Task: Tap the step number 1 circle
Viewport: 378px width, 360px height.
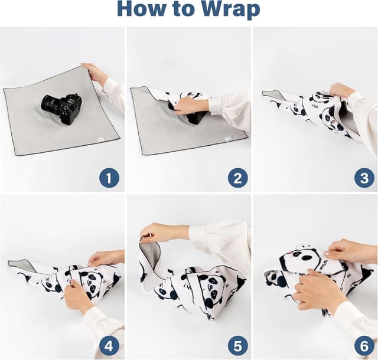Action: (x=109, y=176)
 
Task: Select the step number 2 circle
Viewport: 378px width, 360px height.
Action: (x=237, y=176)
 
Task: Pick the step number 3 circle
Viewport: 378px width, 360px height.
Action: (x=364, y=176)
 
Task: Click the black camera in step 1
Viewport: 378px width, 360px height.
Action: (x=61, y=107)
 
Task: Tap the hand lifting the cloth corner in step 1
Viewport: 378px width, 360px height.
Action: (x=94, y=73)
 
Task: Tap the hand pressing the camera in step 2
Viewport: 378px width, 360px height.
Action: (x=188, y=105)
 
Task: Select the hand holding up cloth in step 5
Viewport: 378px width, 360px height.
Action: (x=157, y=233)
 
